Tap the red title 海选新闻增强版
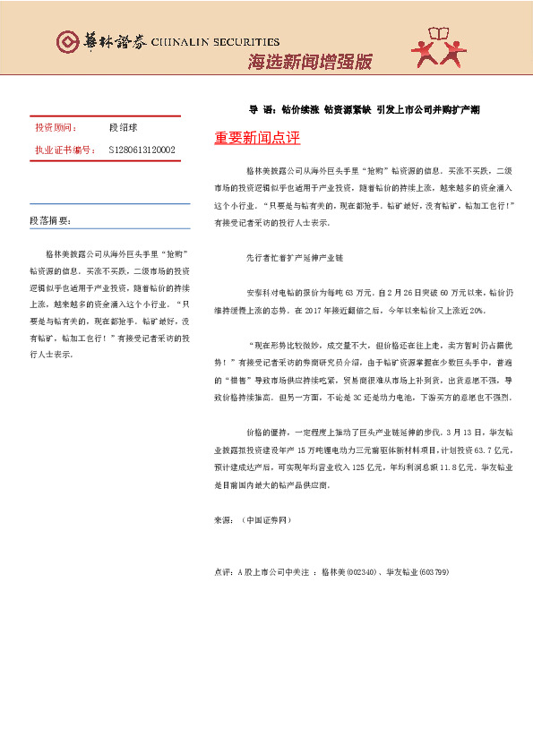(x=309, y=62)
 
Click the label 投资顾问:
(x=56, y=128)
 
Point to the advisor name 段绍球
(x=122, y=128)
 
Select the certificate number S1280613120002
(x=142, y=150)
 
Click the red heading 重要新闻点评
(x=257, y=139)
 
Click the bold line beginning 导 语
(x=365, y=109)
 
